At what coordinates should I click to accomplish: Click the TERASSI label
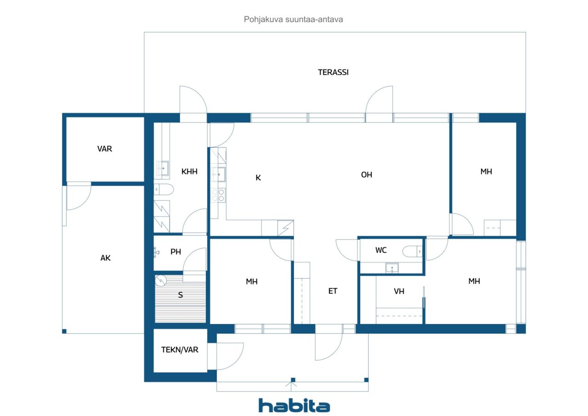tap(333, 72)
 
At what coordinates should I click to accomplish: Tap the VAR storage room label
tap(104, 149)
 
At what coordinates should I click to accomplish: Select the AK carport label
tap(105, 258)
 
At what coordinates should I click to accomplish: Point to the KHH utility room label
tap(189, 171)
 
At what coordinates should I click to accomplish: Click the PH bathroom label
tap(175, 252)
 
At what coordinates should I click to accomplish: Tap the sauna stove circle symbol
tap(161, 280)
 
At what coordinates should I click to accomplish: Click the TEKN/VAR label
tap(180, 350)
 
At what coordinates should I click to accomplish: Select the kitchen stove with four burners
tap(218, 195)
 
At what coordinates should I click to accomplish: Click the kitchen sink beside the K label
tap(218, 174)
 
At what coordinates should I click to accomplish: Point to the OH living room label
tap(367, 175)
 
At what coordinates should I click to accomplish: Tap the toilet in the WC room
tap(413, 251)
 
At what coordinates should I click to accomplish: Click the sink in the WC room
tap(392, 268)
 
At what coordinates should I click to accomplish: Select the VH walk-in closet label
tap(399, 291)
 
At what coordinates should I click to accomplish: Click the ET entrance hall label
tap(333, 291)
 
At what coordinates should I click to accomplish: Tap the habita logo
tap(294, 405)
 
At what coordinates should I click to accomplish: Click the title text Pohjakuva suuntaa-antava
tap(293, 19)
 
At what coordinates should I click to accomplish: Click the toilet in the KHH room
tap(164, 189)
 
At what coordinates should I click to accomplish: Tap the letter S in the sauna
tap(181, 295)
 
